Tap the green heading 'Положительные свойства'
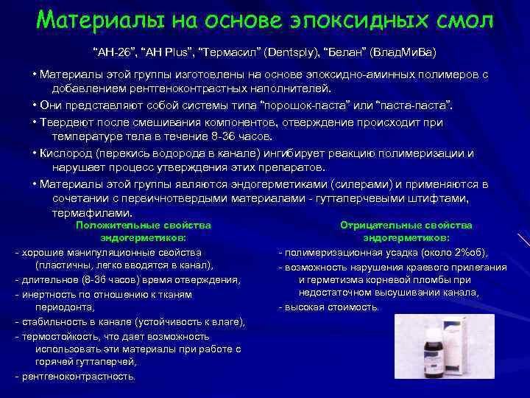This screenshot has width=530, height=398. coord(144,225)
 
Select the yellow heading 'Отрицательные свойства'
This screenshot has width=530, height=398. coord(406,225)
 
